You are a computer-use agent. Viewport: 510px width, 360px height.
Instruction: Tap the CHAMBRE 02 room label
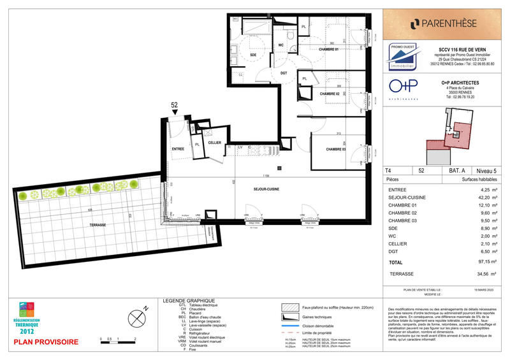tap(329, 94)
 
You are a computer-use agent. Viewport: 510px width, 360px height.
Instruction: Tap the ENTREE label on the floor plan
tap(178, 148)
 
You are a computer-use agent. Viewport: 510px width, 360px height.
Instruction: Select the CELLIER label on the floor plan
tap(215, 143)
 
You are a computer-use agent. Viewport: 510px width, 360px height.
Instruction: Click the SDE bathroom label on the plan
tap(235, 55)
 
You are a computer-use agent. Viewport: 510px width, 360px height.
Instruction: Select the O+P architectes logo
tap(404, 89)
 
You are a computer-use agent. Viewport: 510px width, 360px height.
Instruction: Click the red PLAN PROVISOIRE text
tap(47, 342)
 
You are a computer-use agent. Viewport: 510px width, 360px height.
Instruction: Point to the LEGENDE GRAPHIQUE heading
tap(189, 301)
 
